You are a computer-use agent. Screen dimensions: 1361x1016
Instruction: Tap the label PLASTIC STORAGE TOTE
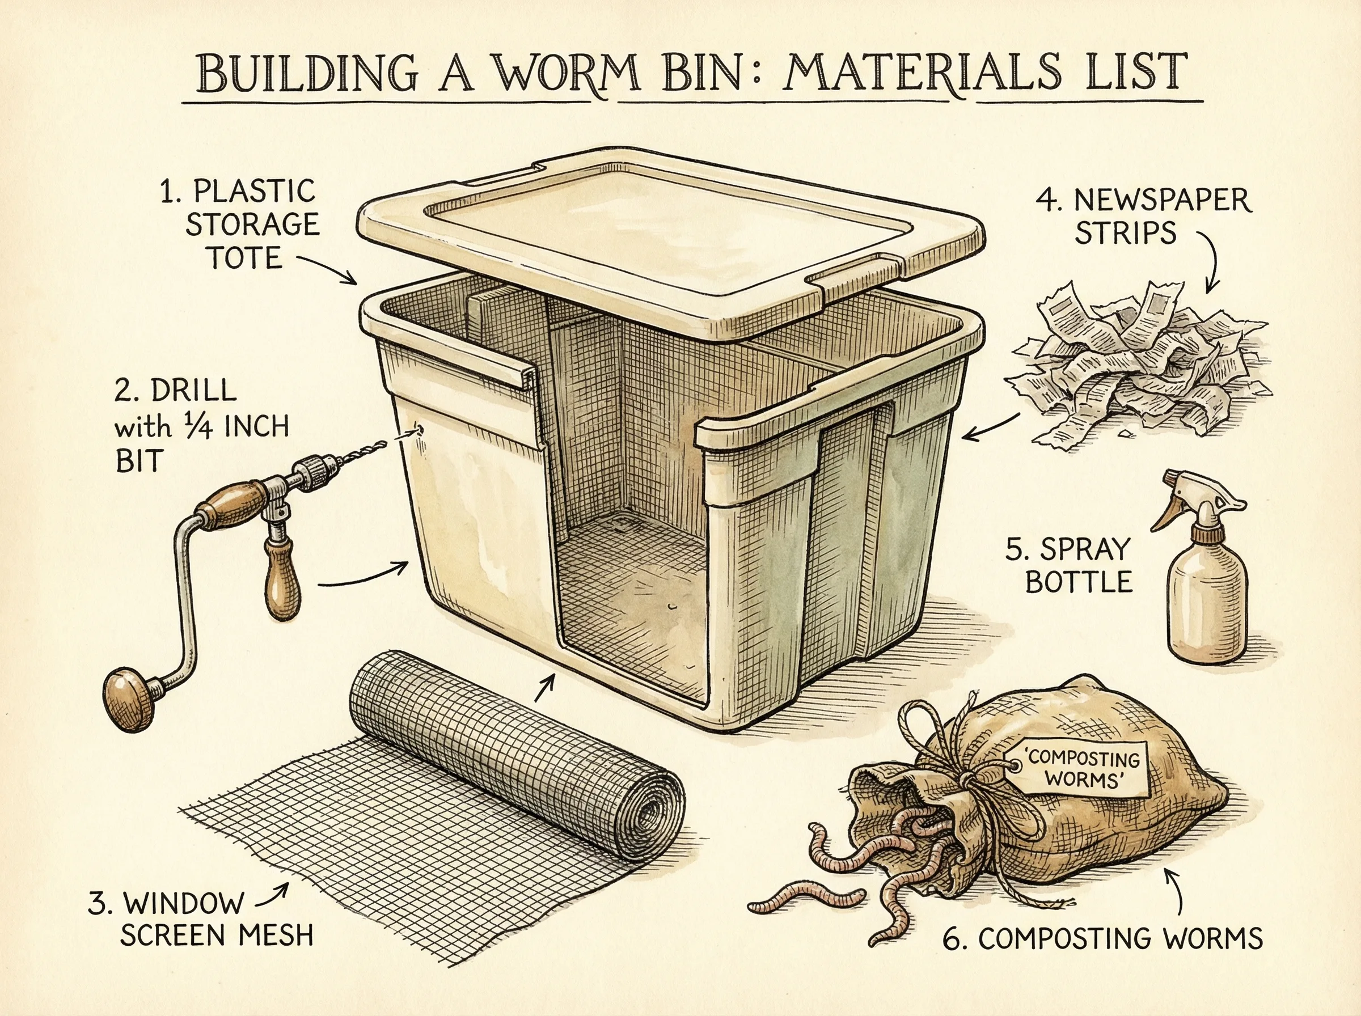click(x=240, y=225)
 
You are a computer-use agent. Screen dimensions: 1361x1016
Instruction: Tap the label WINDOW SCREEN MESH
click(x=201, y=919)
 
